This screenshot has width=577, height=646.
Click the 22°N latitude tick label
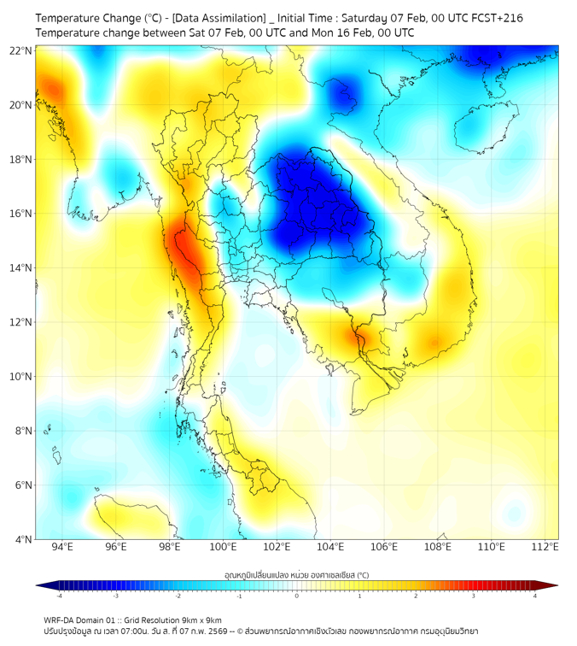(x=21, y=50)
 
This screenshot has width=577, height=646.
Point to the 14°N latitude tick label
(x=21, y=268)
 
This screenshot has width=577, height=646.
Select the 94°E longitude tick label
(x=62, y=547)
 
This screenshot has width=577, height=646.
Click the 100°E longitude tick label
(x=223, y=547)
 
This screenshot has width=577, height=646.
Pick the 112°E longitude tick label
(x=545, y=547)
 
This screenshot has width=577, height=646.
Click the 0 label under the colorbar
(x=297, y=596)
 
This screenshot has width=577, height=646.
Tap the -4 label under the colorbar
(x=58, y=596)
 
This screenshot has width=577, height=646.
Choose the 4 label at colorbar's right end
(x=535, y=596)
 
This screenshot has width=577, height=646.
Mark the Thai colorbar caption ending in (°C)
(x=296, y=575)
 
